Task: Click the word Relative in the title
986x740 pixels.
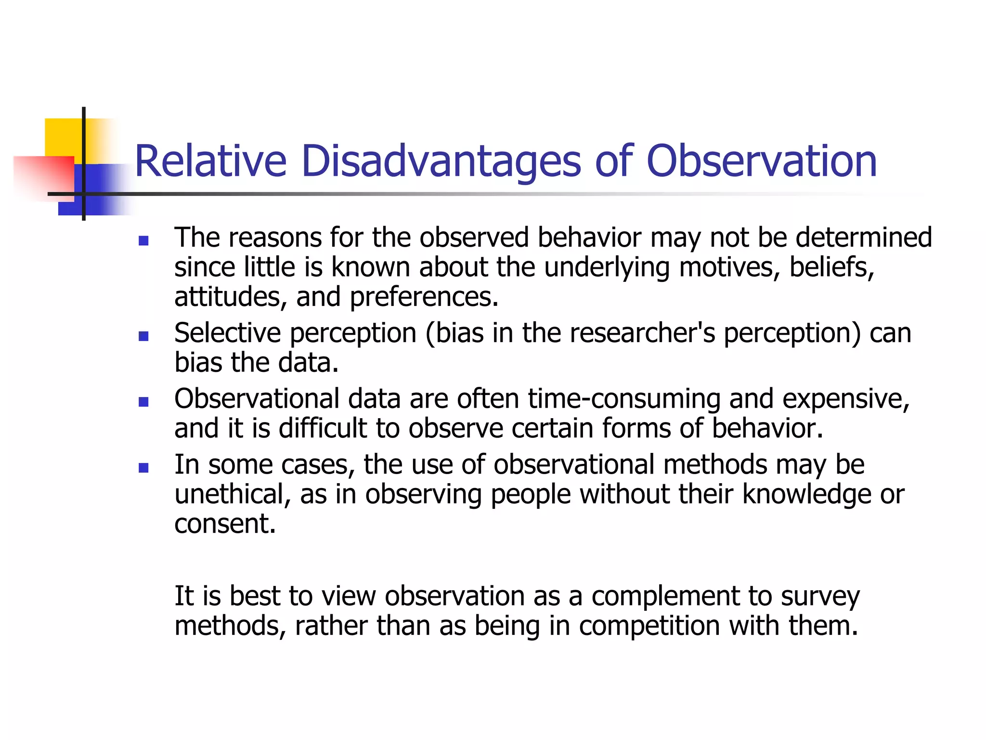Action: [x=210, y=161]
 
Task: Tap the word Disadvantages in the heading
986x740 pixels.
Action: [x=441, y=161]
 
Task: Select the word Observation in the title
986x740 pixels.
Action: [x=761, y=161]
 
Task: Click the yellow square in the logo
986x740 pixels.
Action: [x=63, y=137]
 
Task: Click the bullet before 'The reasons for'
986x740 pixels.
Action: [x=143, y=240]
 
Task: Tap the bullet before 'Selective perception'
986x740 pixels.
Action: [x=143, y=336]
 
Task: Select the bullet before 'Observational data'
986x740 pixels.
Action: [x=143, y=402]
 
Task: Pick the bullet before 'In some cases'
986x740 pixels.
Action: [x=143, y=467]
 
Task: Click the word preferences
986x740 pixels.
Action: [x=424, y=297]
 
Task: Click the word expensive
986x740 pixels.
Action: [x=845, y=399]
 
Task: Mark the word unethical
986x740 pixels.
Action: [x=233, y=494]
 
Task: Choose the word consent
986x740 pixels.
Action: [x=225, y=524]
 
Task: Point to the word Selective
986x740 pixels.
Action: [x=227, y=333]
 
